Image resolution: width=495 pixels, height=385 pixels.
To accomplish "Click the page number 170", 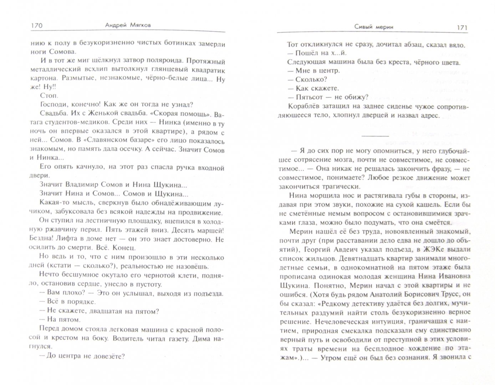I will point(37,25).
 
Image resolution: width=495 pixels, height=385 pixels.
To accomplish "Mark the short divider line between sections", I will point(375,135).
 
